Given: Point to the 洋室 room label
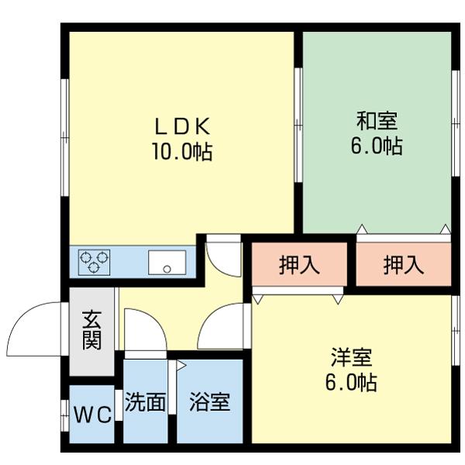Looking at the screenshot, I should tap(352, 357).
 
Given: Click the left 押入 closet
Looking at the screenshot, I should tap(299, 266).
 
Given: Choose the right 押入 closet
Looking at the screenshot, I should tap(403, 266).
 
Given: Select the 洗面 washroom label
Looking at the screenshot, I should tap(146, 404).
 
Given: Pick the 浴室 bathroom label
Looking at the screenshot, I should tap(209, 404).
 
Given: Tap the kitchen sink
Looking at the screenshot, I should tap(167, 261).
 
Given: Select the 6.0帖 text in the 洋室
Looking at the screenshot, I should tap(352, 383).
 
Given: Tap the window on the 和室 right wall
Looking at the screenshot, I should tap(454, 108).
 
